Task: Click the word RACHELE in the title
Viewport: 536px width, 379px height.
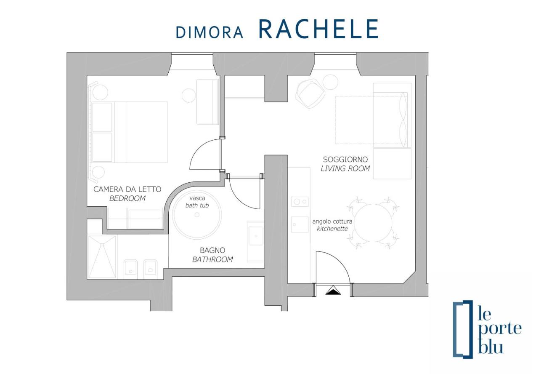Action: coord(318,29)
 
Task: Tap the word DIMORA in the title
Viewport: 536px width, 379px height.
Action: coord(210,32)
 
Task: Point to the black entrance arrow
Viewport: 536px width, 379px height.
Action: coord(333,291)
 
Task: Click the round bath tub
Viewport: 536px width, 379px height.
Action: coord(197,215)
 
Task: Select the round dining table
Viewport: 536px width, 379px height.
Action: coord(373,223)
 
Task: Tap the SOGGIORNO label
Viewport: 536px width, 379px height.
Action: coord(345,159)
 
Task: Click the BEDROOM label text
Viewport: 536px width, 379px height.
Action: coord(127,198)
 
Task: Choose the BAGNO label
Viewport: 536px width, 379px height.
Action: coord(212,251)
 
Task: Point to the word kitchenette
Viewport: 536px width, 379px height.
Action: coord(332,229)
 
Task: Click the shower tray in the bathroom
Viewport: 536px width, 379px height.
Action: coord(102,257)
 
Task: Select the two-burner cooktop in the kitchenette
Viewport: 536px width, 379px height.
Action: coord(300,202)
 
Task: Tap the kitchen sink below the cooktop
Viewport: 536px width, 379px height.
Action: coord(300,224)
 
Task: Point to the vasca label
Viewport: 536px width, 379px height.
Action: coord(197,198)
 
